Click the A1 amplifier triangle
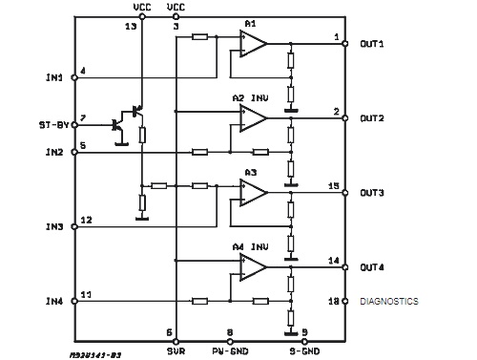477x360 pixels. tap(253, 44)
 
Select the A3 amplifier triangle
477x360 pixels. tap(253, 193)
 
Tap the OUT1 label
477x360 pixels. tap(372, 44)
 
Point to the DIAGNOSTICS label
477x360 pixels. tap(389, 301)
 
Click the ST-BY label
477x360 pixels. tap(54, 125)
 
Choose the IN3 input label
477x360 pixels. tap(54, 226)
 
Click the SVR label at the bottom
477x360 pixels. tap(176, 351)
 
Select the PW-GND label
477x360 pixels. tap(230, 351)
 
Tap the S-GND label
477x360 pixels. tap(304, 351)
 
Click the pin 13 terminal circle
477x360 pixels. tap(142, 16)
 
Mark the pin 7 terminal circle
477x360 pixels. tap(74, 125)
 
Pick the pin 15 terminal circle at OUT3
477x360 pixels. tap(345, 193)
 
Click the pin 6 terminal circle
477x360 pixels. tap(176, 342)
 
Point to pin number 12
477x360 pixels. tap(86, 220)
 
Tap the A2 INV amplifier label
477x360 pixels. tap(251, 98)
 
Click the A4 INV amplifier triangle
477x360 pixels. tap(253, 267)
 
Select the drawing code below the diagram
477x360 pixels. tap(95, 355)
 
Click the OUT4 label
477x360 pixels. tap(372, 267)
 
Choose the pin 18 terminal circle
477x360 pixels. tap(345, 301)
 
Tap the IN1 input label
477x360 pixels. tap(54, 77)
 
